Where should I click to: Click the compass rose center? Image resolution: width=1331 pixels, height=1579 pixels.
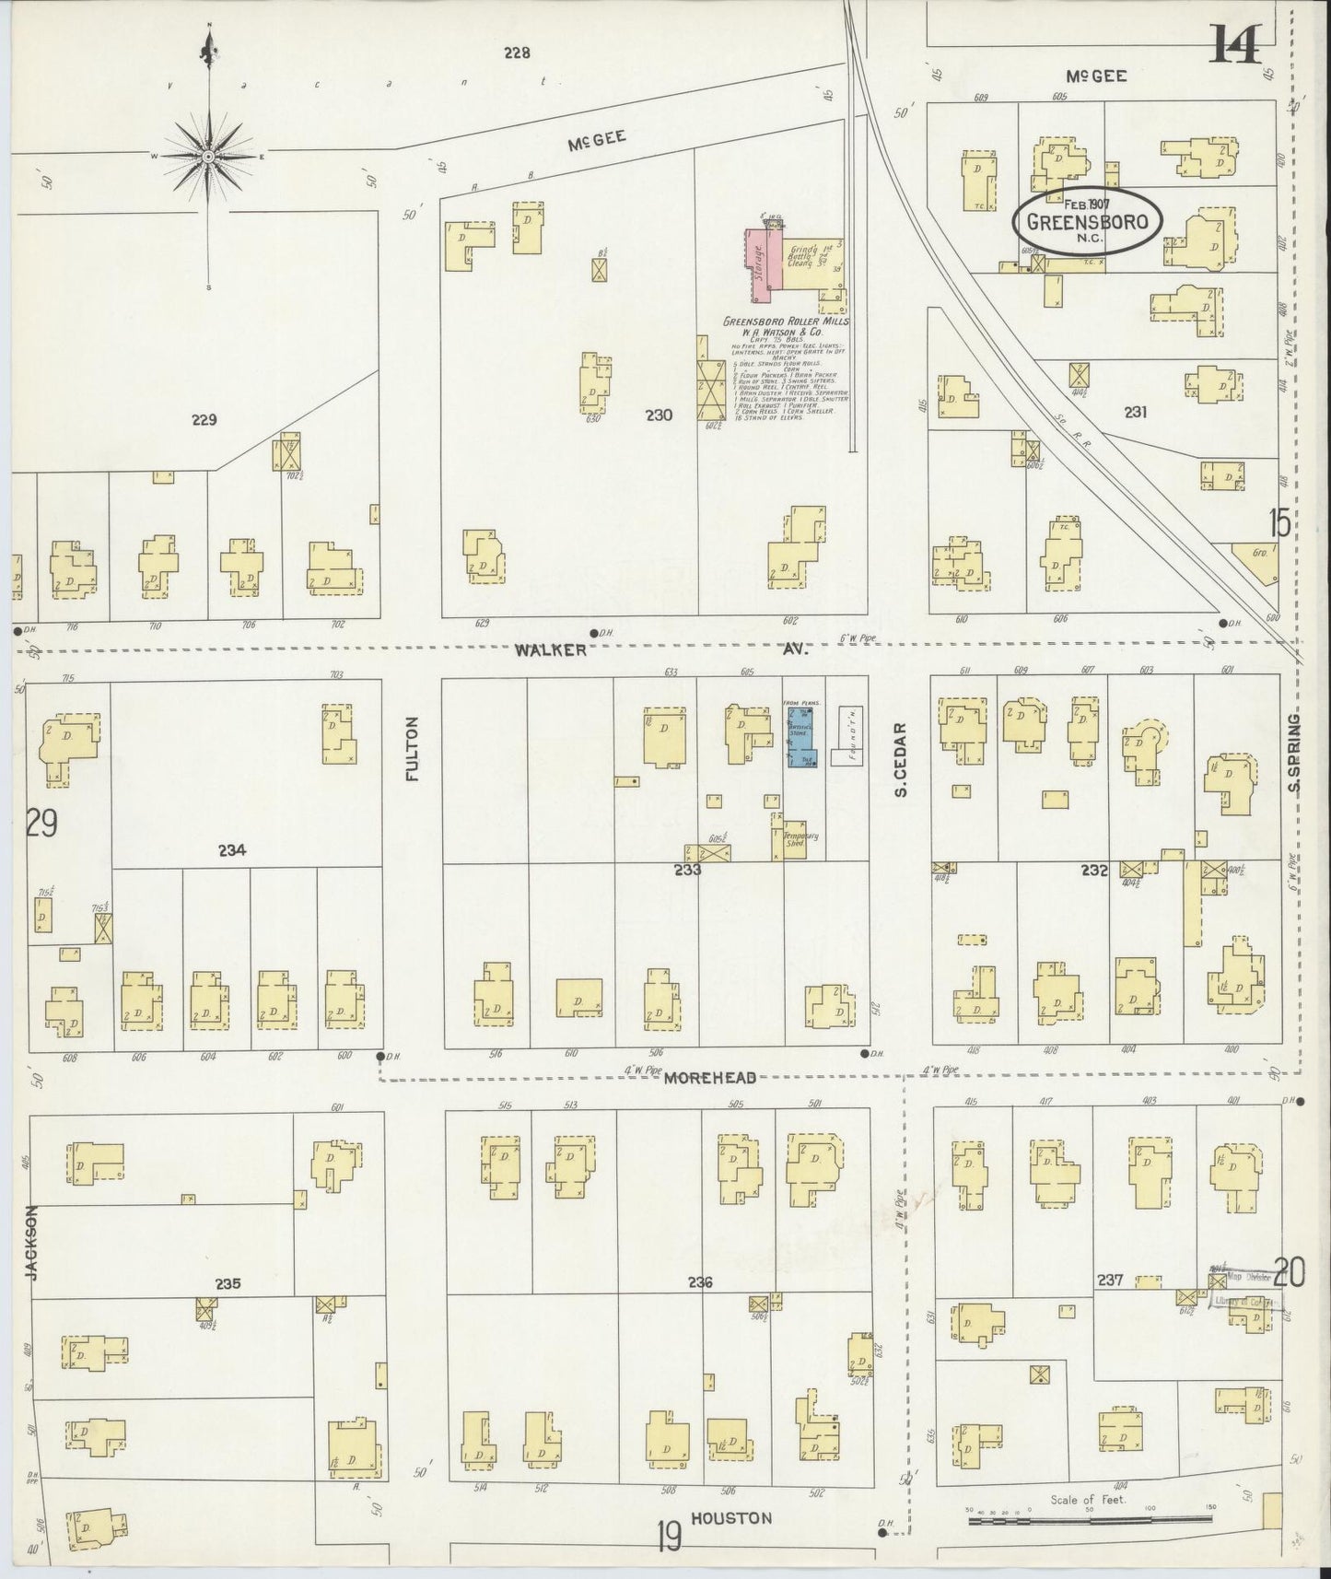209,157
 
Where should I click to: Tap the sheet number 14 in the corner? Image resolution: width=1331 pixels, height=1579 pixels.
1235,43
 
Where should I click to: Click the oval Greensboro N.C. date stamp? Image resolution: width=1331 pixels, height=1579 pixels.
1087,221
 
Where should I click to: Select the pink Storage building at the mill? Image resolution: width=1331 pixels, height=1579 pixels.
760,265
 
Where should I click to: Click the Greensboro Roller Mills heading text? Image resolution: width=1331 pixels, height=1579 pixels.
786,322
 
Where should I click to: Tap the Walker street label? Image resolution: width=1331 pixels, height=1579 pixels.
551,650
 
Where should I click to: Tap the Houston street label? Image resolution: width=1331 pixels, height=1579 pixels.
731,1517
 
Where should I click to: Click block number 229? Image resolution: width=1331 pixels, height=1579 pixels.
204,420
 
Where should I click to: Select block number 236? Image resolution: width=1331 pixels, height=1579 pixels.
700,1282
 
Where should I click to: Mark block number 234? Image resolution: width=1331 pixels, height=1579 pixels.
232,851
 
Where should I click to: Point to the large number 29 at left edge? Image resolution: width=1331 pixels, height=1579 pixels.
41,823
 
